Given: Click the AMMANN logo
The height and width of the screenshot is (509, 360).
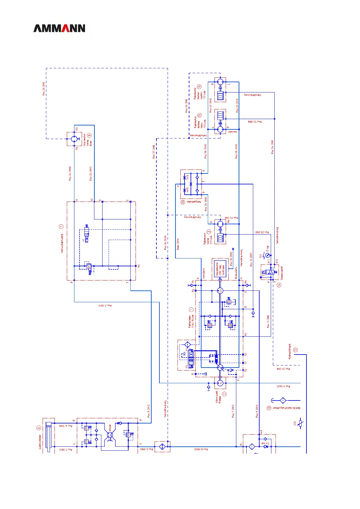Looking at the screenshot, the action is point(59,28).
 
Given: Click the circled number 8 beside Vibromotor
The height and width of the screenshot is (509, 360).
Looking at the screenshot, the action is point(89,135).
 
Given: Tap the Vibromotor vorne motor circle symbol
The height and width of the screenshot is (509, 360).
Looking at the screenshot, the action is point(74,139).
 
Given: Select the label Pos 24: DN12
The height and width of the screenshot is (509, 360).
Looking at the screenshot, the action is point(70,173).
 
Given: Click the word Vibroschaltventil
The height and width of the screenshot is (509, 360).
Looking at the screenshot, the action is point(62,243).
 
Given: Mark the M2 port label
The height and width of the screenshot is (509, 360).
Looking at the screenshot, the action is point(139,266).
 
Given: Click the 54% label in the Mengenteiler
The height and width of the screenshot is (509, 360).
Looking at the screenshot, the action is point(188,177).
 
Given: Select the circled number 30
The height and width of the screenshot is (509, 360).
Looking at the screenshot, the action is point(183,202).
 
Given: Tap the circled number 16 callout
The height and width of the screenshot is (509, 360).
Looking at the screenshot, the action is point(199,86).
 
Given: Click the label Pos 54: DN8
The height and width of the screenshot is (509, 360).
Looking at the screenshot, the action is point(272,147).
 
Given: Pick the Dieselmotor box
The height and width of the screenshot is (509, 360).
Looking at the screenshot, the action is point(220,269).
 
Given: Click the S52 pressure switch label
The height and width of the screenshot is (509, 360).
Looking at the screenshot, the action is point(260,256).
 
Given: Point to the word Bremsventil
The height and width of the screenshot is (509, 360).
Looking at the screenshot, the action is point(282,273).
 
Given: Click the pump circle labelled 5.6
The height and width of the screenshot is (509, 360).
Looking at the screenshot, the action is point(220,291).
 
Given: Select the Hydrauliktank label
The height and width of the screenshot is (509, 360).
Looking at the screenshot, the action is point(290,351).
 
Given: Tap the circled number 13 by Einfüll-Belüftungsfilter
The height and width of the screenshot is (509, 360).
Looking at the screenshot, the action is point(269,408).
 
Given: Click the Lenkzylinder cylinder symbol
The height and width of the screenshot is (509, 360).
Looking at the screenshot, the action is point(48,435).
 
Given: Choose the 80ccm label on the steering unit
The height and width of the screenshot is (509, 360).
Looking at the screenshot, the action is point(110,428).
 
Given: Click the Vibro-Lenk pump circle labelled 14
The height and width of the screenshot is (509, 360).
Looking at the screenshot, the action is point(220,383).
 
